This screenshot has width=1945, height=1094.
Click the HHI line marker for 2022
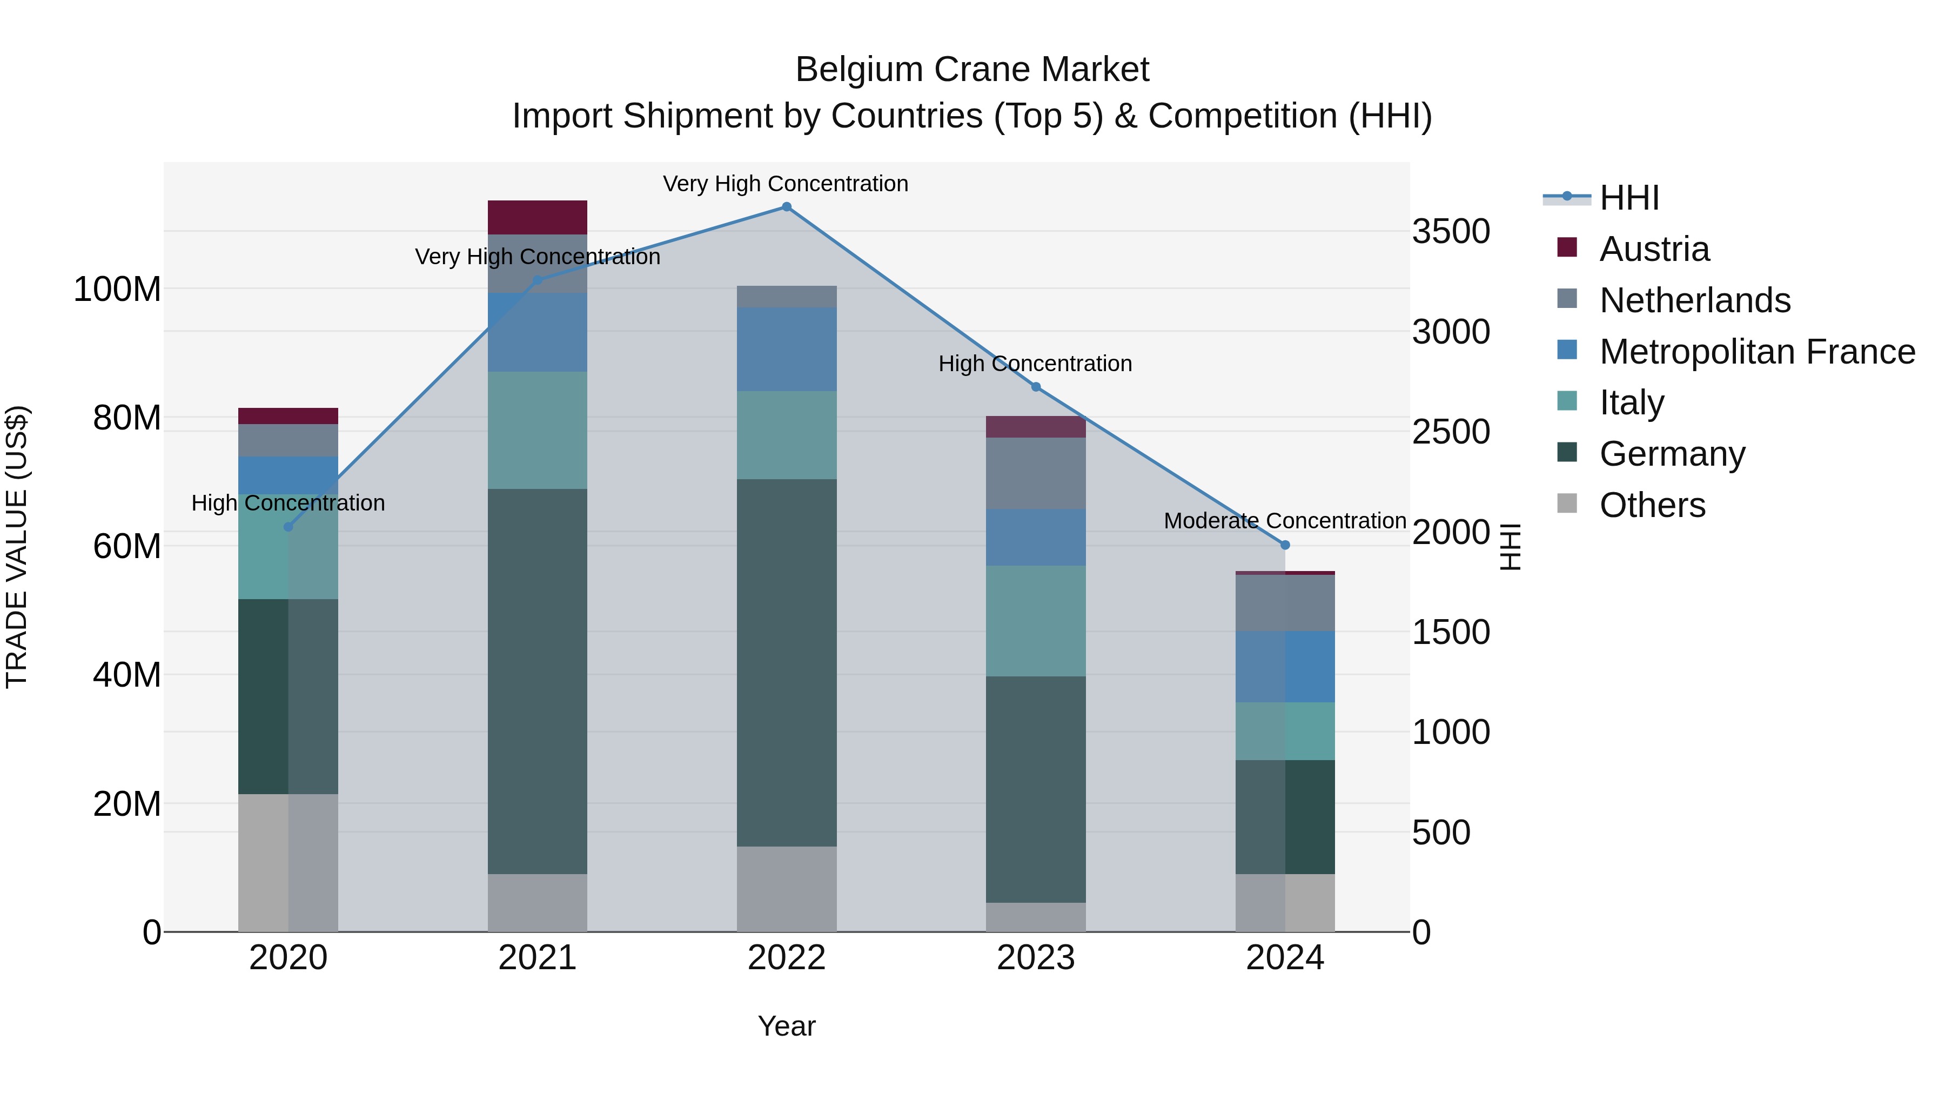tap(786, 207)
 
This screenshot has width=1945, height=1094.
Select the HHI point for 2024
tap(1285, 545)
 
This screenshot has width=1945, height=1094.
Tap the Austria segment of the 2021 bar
tap(537, 217)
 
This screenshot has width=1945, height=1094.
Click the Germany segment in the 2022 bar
tap(786, 662)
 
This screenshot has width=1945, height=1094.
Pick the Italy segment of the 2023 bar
tap(1035, 621)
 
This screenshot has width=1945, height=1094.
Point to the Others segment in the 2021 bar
tap(537, 902)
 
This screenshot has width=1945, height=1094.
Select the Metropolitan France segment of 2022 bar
tap(786, 349)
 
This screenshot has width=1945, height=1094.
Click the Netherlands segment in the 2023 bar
tap(1035, 473)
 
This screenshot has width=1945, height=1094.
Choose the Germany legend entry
tap(1672, 454)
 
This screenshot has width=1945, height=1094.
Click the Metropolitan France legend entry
tap(1756, 352)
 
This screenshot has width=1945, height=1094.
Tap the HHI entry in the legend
tap(1628, 198)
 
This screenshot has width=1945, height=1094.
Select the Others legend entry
tap(1652, 505)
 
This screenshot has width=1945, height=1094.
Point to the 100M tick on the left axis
tap(117, 289)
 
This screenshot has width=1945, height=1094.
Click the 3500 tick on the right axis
tap(1451, 231)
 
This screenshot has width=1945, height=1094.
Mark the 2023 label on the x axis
tap(1035, 958)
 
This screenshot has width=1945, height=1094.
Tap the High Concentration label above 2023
tap(1035, 364)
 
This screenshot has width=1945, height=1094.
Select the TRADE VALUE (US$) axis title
tap(17, 547)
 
